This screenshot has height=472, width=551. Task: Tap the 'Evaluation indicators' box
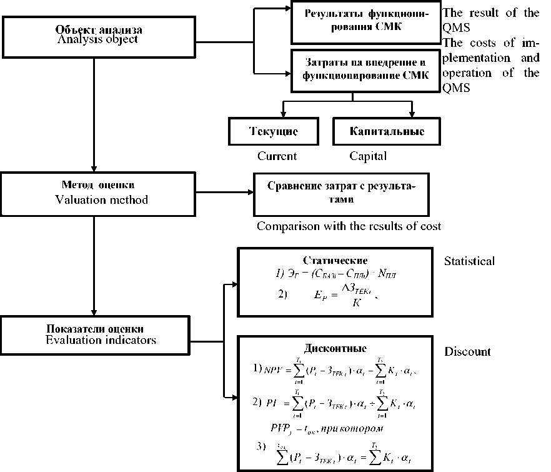(x=94, y=335)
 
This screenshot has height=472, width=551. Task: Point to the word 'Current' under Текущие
(x=277, y=156)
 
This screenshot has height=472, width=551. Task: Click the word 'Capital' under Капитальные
(x=368, y=156)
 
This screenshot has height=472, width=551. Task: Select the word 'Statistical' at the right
(x=470, y=261)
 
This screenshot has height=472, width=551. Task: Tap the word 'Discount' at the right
(x=467, y=351)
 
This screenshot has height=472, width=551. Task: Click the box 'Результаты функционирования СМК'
(x=366, y=23)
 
